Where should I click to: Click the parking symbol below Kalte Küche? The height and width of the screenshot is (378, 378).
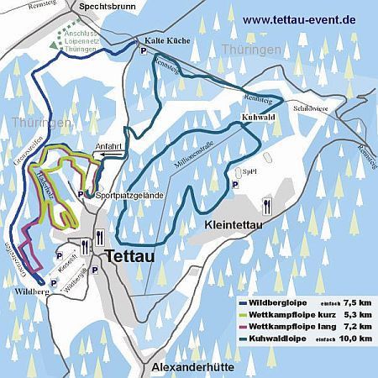click(x=144, y=52)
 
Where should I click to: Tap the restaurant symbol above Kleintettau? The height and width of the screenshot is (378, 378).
click(x=267, y=203)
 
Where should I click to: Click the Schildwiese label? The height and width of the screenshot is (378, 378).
click(x=309, y=108)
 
